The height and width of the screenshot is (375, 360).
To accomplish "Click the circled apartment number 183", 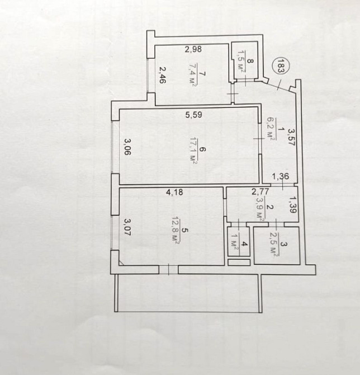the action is (x=281, y=65).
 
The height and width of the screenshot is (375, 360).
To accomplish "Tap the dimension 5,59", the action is (x=194, y=115).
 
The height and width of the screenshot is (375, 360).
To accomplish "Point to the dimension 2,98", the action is (x=193, y=49).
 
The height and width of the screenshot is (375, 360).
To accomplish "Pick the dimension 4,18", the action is (x=174, y=193).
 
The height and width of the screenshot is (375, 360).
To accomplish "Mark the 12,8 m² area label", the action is (x=176, y=230).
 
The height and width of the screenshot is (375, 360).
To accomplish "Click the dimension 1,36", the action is (x=281, y=176).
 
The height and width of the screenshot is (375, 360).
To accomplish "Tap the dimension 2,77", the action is (x=260, y=191).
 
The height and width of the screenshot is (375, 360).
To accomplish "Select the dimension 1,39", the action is (x=292, y=205).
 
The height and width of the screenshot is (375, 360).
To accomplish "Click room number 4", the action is (x=244, y=244).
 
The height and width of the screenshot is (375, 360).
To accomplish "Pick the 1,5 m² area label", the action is (x=242, y=63).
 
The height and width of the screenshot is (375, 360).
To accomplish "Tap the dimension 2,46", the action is (x=163, y=75).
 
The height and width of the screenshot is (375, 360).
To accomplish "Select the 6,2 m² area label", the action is (x=271, y=129).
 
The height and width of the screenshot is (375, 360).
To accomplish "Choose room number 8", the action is (x=250, y=61).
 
